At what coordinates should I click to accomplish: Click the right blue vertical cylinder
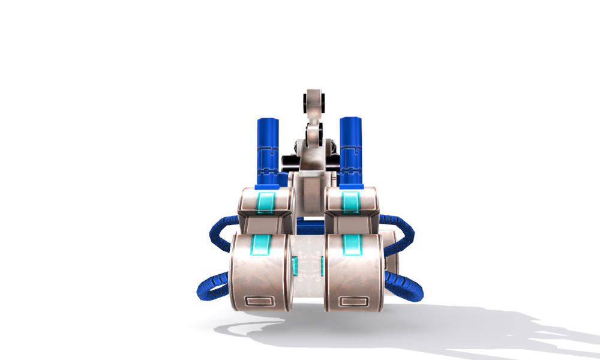coord(350,150)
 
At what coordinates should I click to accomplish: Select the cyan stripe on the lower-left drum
coord(261,244)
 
